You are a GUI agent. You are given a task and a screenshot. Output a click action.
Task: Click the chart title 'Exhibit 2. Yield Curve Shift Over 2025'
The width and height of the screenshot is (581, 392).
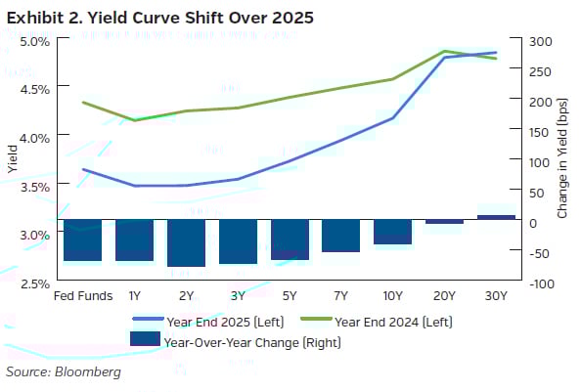162,19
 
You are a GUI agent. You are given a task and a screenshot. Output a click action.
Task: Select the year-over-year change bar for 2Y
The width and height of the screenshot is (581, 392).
186,242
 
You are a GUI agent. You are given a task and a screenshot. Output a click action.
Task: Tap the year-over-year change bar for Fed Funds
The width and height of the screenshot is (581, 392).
82,240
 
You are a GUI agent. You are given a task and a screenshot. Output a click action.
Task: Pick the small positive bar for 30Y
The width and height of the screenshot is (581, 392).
496,217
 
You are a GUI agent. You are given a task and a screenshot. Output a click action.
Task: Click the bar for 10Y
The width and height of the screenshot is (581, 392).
392,232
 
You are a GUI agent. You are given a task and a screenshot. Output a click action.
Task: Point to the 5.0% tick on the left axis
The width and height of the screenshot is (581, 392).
33,41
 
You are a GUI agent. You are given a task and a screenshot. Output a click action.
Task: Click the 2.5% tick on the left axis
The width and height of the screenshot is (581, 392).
33,283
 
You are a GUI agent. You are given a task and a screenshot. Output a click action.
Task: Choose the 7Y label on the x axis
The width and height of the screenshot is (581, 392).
340,295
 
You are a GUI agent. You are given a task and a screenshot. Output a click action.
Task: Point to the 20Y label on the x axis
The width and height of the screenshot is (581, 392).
444,295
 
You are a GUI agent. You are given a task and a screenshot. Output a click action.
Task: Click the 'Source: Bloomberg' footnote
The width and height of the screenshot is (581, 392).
64,372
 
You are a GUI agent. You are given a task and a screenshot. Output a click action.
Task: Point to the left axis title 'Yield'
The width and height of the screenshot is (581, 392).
12,159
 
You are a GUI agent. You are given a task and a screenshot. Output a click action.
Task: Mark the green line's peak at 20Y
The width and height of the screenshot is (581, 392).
444,51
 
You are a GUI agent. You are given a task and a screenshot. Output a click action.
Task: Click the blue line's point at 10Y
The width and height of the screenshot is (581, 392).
392,118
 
